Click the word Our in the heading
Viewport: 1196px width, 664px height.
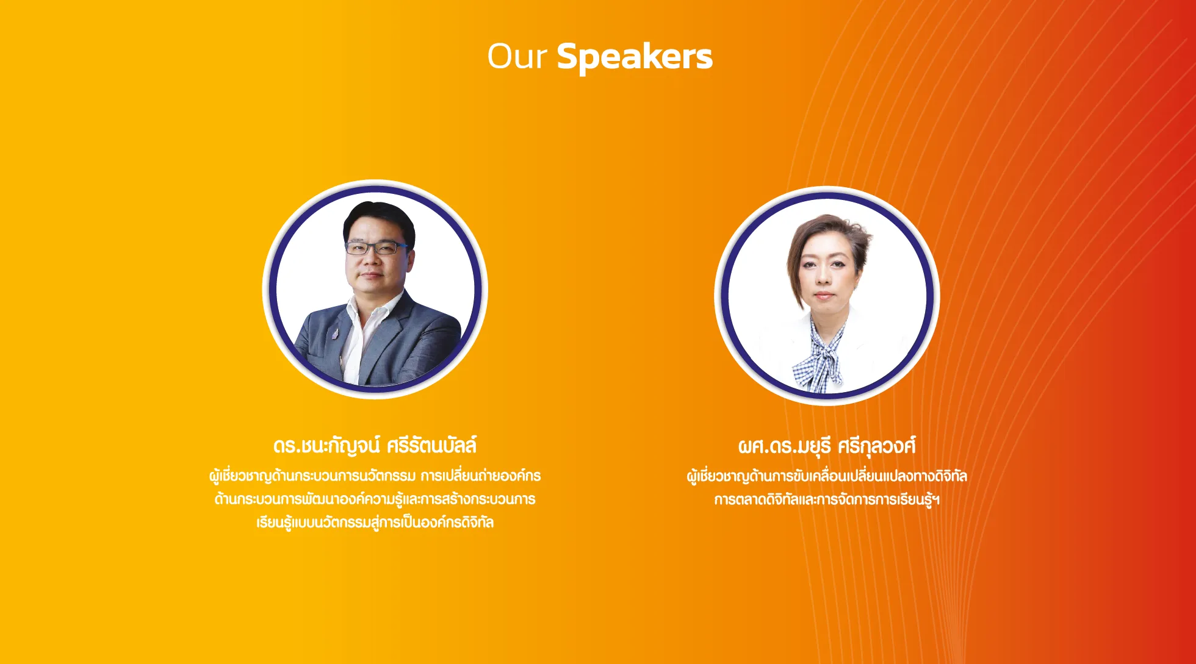click(x=516, y=56)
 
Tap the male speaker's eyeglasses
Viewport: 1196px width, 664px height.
click(x=376, y=248)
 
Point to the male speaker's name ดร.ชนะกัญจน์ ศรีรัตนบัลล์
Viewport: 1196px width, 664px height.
click(x=375, y=446)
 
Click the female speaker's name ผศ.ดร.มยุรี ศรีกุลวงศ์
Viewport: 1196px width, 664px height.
click(x=827, y=446)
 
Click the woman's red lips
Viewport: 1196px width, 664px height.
click(x=823, y=295)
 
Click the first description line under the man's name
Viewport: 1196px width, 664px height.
click(x=375, y=476)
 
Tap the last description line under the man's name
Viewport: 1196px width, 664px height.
click(x=375, y=523)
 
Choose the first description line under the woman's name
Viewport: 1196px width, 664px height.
click(x=827, y=476)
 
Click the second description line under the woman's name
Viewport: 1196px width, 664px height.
click(x=827, y=499)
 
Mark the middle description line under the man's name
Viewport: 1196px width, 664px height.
click(x=375, y=499)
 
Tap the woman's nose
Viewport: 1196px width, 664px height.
click(x=823, y=276)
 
